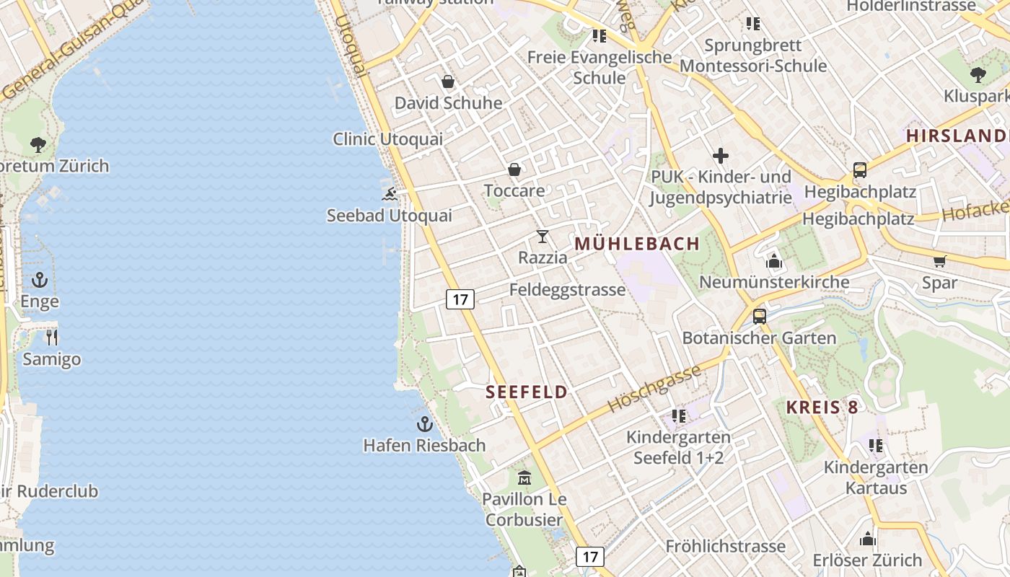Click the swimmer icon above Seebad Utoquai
click(x=390, y=194)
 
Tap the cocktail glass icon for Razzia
click(x=543, y=237)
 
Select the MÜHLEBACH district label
click(x=637, y=244)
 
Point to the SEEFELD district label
click(x=527, y=392)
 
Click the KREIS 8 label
click(x=822, y=407)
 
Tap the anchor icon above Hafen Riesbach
click(x=424, y=424)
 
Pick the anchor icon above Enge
click(x=40, y=280)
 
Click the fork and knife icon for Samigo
click(x=51, y=337)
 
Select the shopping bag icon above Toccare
click(x=514, y=169)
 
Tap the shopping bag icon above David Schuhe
click(x=447, y=82)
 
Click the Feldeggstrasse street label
click(x=567, y=290)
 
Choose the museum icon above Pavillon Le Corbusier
click(x=524, y=477)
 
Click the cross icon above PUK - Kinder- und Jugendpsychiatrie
click(x=720, y=155)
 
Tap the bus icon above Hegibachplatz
click(x=859, y=170)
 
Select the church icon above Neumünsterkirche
click(x=774, y=260)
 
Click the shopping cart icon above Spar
click(x=939, y=261)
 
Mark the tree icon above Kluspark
click(x=978, y=74)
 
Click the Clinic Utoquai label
click(x=388, y=139)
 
